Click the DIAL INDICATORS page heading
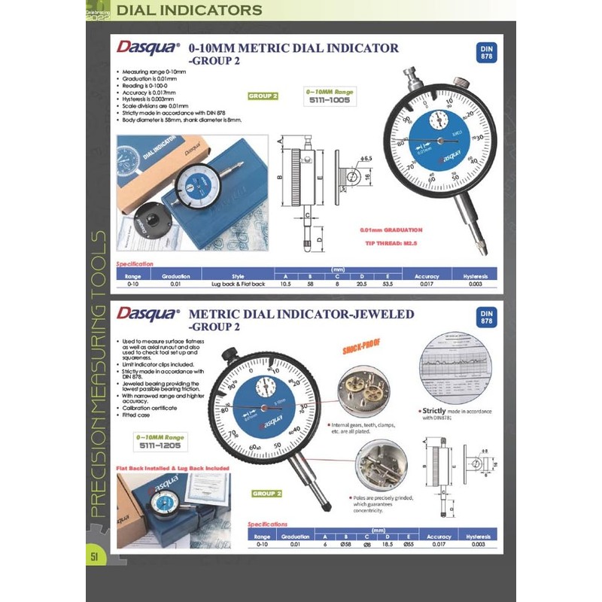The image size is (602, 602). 191,11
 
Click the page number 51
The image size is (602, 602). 95,556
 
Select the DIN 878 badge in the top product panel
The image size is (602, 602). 485,54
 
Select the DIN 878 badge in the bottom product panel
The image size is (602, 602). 485,317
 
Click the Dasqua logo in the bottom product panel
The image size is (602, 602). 147,312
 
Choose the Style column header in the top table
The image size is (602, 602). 239,276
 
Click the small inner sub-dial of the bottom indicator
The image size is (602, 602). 263,388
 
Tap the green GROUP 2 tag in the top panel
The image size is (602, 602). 263,96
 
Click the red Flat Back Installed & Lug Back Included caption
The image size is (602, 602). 172,468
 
